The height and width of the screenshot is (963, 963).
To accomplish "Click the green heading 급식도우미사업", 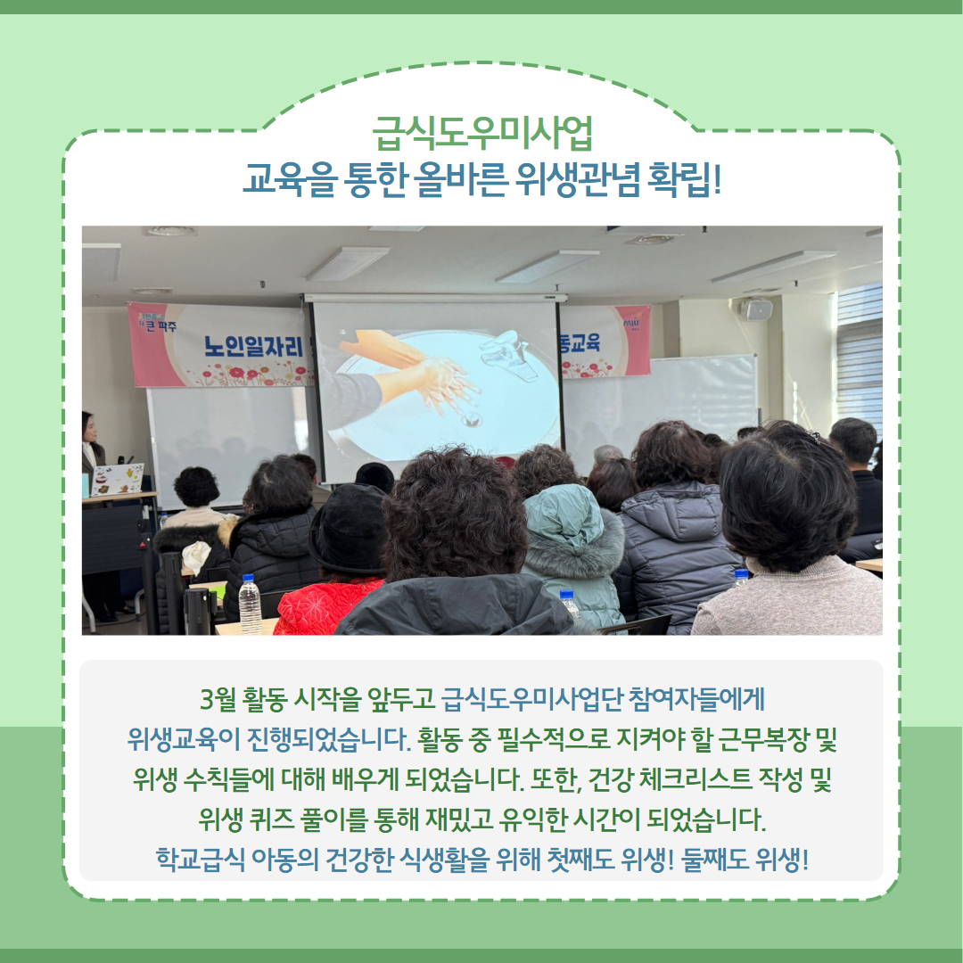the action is (x=482, y=133).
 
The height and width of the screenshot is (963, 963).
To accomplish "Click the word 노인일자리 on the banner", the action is (x=253, y=347).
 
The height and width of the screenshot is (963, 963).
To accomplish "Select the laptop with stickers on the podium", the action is (x=118, y=479).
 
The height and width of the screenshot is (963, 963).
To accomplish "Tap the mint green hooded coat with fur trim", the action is (x=572, y=553).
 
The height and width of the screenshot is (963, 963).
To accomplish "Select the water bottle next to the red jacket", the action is (x=250, y=604).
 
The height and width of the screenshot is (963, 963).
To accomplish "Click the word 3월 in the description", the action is (x=218, y=700).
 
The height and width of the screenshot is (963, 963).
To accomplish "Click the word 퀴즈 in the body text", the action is (x=272, y=819).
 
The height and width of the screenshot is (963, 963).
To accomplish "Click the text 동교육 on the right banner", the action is (x=580, y=342).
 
